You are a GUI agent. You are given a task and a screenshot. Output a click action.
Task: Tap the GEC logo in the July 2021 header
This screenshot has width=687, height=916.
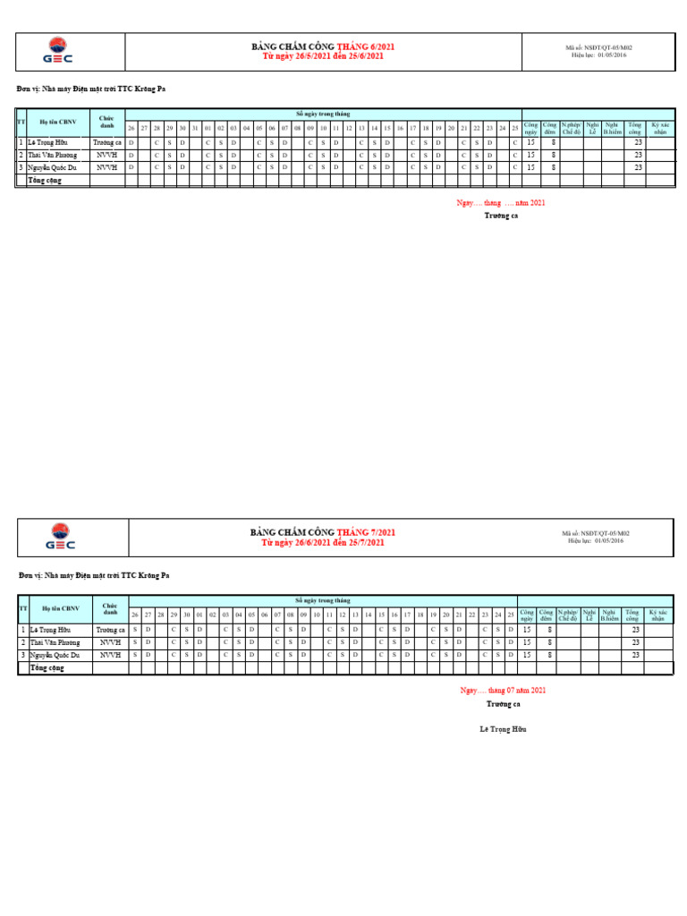[x=61, y=538]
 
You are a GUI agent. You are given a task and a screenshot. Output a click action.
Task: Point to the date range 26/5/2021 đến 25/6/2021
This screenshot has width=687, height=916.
[x=323, y=56]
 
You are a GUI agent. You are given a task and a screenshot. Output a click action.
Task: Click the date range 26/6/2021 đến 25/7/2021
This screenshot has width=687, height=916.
[x=324, y=543]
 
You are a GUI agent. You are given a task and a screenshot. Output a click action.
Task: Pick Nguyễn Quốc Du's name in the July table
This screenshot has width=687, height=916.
[x=54, y=655]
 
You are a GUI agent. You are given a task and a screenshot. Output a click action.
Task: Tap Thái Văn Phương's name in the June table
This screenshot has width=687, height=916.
[x=53, y=155]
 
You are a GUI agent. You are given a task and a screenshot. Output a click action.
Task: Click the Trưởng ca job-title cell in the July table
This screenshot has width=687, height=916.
[x=110, y=630]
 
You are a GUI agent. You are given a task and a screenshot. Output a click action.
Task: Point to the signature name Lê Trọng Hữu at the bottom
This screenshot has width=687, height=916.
[x=504, y=730]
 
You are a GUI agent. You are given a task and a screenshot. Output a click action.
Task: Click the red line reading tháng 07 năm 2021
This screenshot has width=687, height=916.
[x=503, y=691]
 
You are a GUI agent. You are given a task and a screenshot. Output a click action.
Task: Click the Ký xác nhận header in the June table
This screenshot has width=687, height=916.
[x=660, y=129]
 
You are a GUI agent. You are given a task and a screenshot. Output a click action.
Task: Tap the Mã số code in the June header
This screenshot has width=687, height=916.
[x=604, y=47]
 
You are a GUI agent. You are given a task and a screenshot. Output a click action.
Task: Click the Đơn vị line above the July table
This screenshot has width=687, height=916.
[x=94, y=575]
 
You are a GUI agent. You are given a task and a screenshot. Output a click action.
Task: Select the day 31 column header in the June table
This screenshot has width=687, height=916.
[x=194, y=128]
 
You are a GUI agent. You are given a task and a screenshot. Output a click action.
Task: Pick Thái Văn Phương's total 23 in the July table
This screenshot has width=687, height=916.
[x=635, y=642]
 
